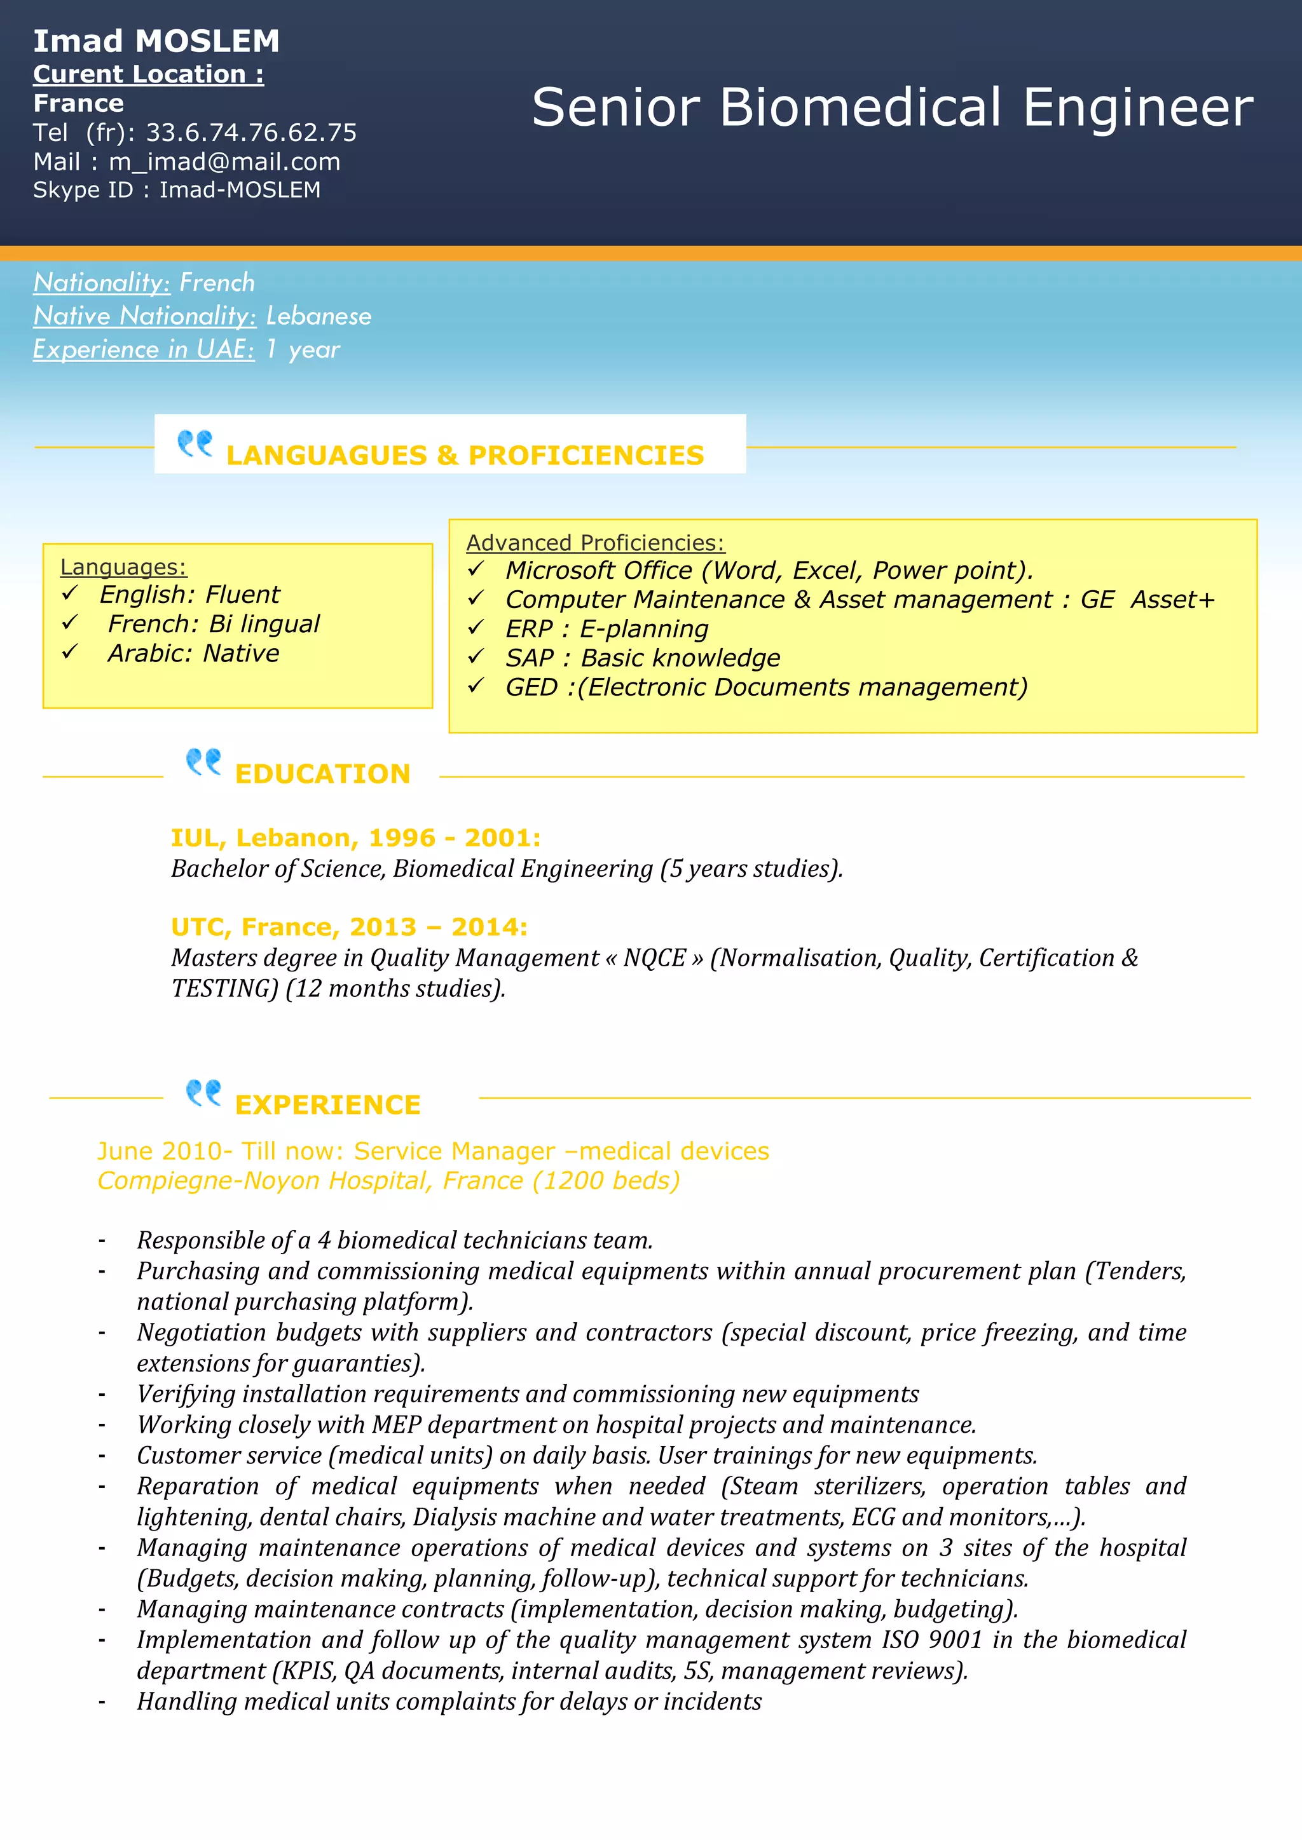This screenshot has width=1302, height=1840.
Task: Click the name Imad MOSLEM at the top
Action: [156, 41]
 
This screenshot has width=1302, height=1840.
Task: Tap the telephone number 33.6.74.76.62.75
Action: [251, 132]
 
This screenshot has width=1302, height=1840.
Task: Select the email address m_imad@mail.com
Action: [224, 162]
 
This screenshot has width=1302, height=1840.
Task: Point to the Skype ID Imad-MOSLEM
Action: [240, 190]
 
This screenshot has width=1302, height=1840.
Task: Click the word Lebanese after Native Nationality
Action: [319, 316]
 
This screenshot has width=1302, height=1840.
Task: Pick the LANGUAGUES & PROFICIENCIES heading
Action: [465, 455]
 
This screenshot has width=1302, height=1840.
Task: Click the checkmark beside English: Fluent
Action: [70, 593]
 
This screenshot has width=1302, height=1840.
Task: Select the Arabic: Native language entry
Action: [193, 654]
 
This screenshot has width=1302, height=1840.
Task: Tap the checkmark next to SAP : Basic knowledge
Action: [476, 656]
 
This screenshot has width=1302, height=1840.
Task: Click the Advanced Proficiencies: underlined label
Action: [595, 543]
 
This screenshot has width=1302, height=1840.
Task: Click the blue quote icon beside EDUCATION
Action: [203, 761]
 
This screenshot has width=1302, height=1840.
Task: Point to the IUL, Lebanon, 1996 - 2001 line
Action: [355, 838]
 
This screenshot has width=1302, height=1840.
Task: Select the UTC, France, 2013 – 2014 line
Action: [349, 927]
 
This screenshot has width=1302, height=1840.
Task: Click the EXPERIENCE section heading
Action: [327, 1105]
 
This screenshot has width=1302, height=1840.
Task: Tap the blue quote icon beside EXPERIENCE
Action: [203, 1092]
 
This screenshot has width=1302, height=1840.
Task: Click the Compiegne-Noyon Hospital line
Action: [388, 1181]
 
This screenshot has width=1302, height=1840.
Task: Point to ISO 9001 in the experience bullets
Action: [931, 1640]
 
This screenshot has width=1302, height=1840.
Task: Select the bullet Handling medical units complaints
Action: [449, 1701]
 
